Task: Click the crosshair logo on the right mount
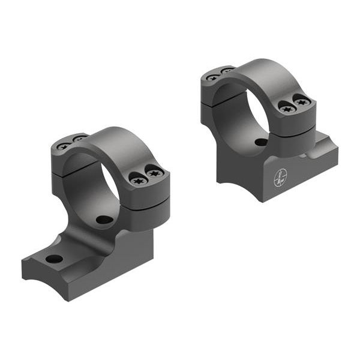tap(280, 177)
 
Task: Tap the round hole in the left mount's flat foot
tap(54, 259)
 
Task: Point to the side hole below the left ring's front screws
tap(104, 220)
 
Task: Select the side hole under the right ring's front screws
tap(261, 142)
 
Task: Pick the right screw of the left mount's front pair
tap(155, 174)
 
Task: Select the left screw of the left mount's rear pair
tap(63, 146)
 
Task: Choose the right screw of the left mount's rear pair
tap(78, 139)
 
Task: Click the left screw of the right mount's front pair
tap(287, 109)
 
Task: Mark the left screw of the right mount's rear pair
tap(212, 77)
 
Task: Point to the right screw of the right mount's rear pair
tap(227, 71)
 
